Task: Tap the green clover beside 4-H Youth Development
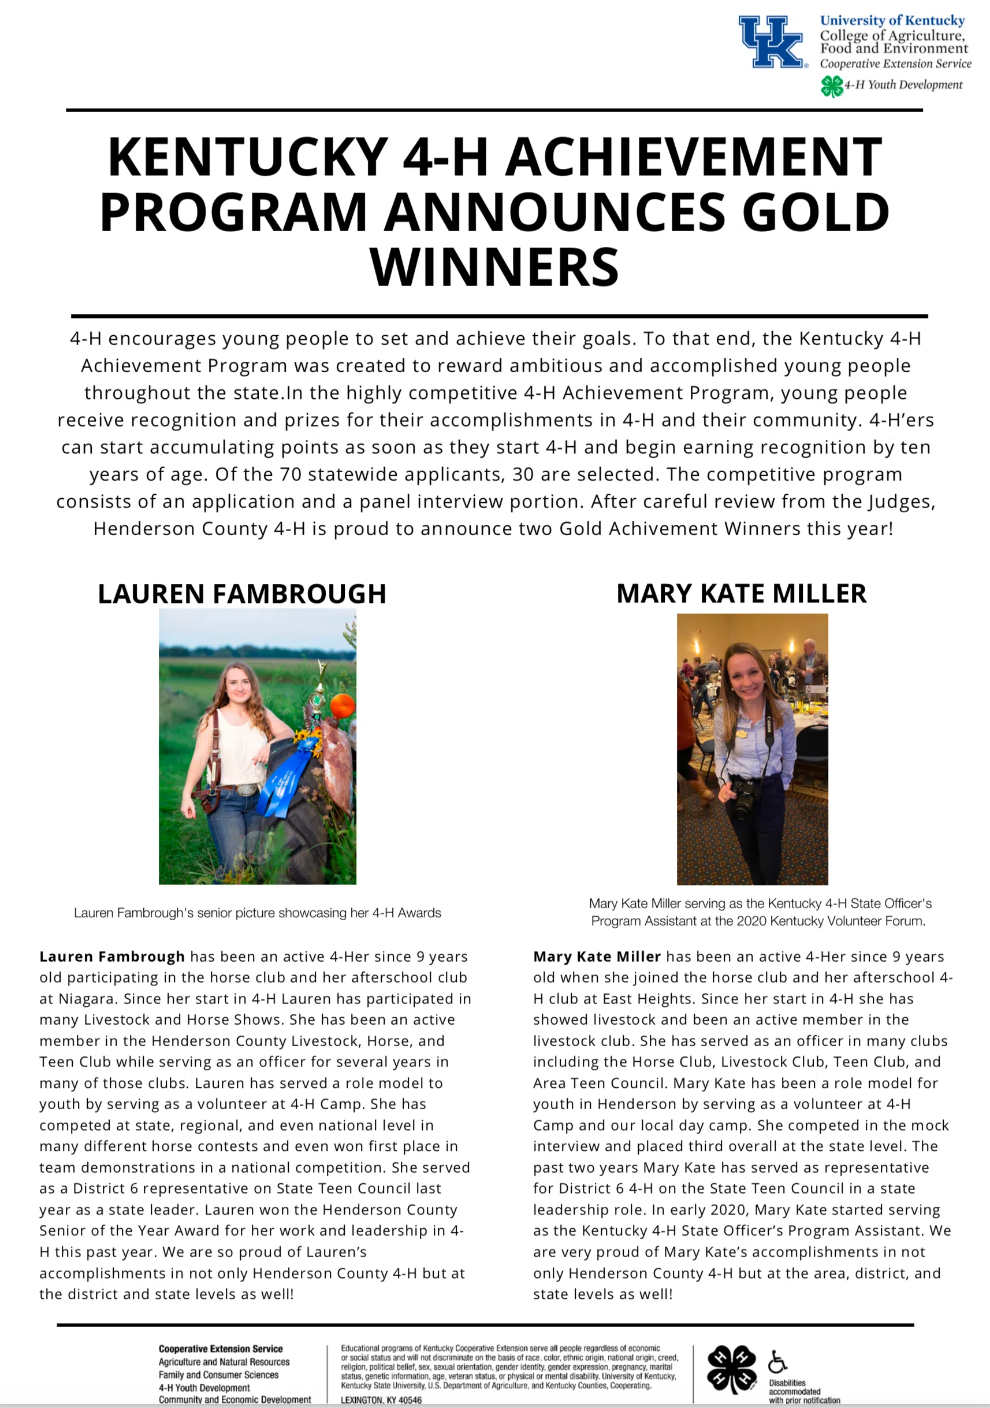(x=831, y=86)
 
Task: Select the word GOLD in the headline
(x=816, y=212)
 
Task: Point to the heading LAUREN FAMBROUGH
(x=242, y=594)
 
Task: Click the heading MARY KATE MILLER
(x=741, y=593)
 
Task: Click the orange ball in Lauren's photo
(x=343, y=705)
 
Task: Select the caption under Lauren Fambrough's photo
(x=258, y=913)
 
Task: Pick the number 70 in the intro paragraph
(x=291, y=474)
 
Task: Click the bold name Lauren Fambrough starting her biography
(x=112, y=956)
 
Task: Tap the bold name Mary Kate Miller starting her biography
(x=597, y=956)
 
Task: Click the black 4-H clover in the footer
(x=731, y=1369)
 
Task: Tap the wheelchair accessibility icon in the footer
(x=777, y=1361)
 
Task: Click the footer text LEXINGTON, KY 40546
(x=381, y=1400)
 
